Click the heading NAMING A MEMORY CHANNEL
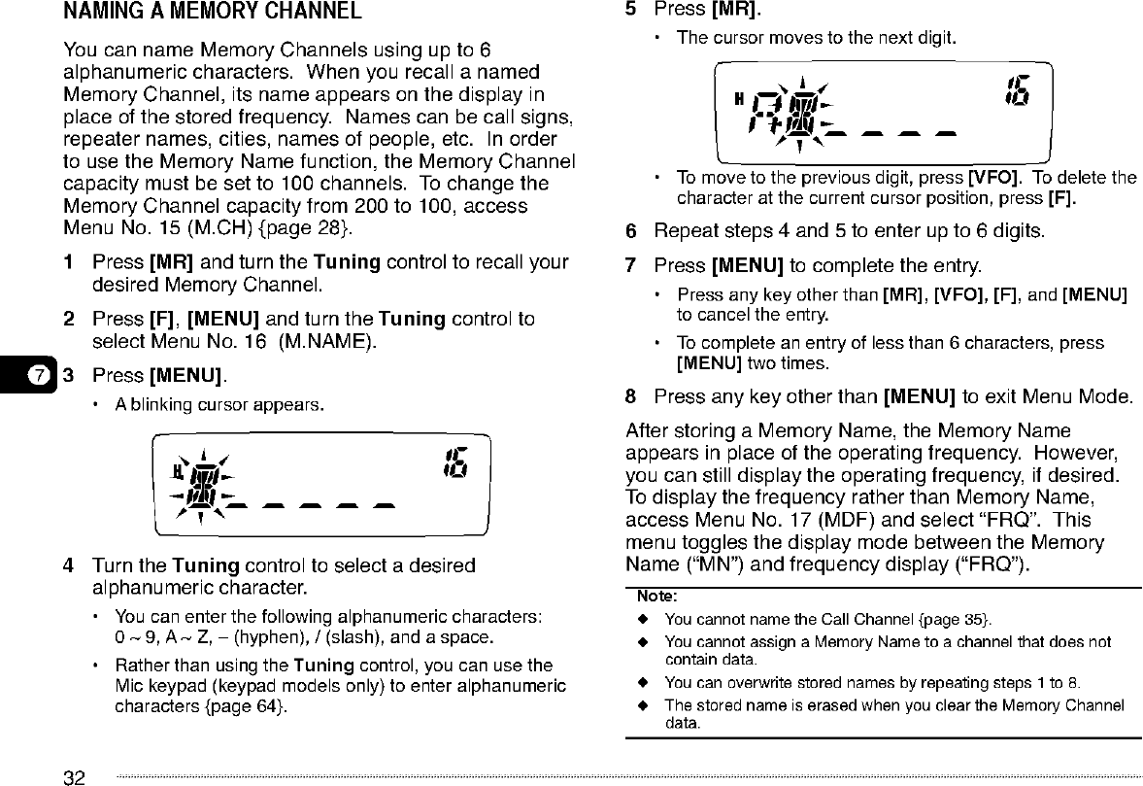(x=213, y=13)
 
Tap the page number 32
(x=74, y=776)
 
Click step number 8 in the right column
(x=631, y=396)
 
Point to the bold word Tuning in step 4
(x=206, y=565)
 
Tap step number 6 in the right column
(x=631, y=231)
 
